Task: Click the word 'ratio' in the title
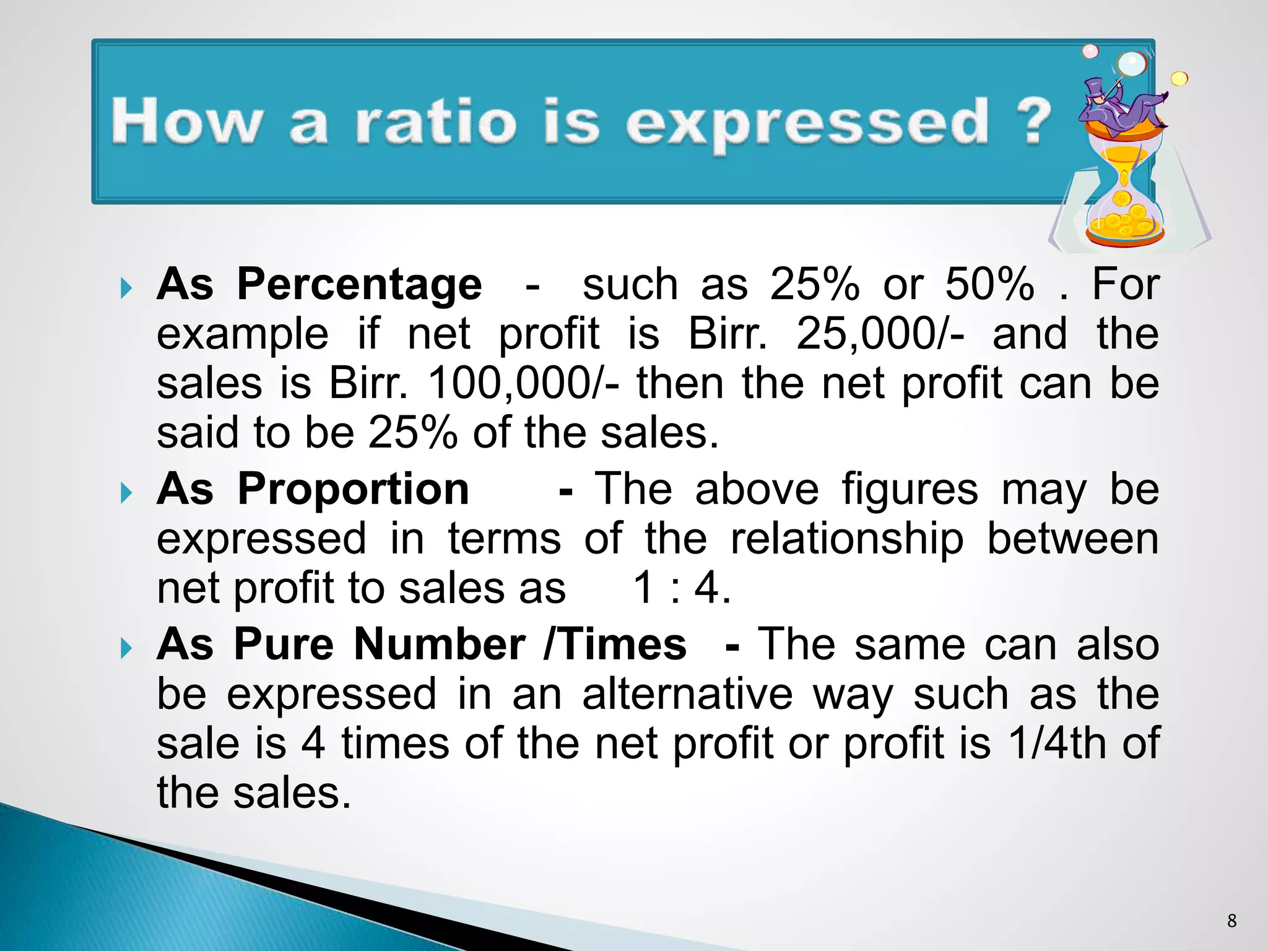click(x=435, y=122)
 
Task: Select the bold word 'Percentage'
click(x=359, y=285)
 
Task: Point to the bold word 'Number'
click(x=440, y=645)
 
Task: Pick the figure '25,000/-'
click(x=880, y=334)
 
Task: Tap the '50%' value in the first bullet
click(x=989, y=285)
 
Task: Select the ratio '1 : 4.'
click(x=682, y=588)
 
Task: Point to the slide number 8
click(x=1231, y=921)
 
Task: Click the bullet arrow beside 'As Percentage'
click(x=126, y=288)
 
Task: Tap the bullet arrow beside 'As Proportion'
click(x=126, y=493)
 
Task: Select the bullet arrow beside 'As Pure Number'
click(x=126, y=648)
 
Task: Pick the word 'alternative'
click(x=687, y=694)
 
